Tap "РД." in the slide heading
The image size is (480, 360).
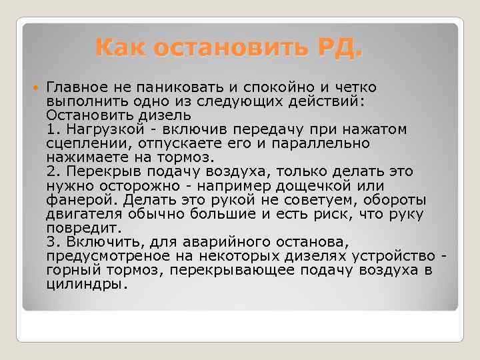coord(338,49)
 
